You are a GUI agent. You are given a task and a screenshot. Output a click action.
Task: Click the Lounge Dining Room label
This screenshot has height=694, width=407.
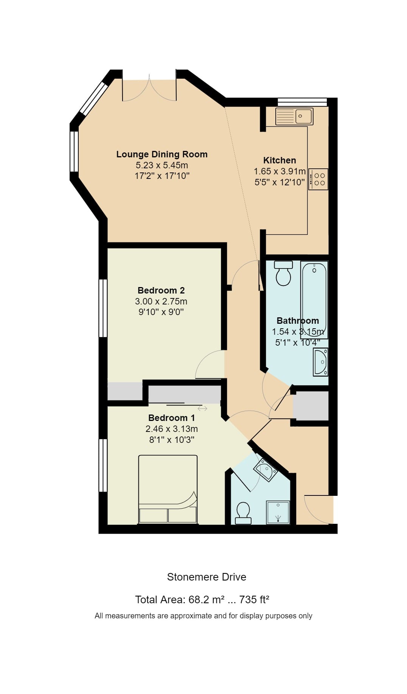[x=162, y=154]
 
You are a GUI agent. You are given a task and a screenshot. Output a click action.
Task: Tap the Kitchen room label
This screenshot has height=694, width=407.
[x=280, y=160]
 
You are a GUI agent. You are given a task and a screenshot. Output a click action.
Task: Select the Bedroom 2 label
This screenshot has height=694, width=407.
[x=161, y=290]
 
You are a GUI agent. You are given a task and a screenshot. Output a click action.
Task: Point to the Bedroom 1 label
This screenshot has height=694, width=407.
[x=171, y=418]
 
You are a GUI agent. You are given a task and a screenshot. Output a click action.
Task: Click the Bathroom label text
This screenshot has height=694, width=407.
[x=298, y=321]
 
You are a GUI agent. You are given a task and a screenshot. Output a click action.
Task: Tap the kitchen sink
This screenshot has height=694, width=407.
[x=294, y=116]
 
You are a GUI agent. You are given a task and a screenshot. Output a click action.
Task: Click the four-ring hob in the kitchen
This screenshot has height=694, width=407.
[x=318, y=179]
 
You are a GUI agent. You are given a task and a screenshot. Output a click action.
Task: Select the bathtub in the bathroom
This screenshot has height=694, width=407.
[x=314, y=300]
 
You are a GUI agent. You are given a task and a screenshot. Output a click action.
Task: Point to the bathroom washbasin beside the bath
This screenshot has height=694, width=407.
[x=320, y=362]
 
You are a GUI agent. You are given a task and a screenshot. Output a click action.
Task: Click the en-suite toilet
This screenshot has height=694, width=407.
[x=243, y=513]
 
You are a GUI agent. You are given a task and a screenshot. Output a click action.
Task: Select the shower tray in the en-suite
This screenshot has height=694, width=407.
[x=278, y=512]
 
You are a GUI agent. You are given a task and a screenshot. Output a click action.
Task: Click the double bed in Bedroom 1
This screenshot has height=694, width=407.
[x=168, y=489]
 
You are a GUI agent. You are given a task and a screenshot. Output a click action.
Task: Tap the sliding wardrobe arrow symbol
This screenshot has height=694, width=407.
[x=202, y=408]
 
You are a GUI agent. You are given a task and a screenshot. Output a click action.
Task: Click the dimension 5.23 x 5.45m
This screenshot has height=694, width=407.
[x=162, y=165]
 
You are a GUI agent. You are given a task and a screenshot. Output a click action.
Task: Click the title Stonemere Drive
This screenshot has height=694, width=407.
[x=207, y=577]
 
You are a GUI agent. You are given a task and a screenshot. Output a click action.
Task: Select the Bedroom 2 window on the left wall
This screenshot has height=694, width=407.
[x=103, y=308]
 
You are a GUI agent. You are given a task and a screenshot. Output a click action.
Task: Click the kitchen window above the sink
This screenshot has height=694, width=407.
[x=302, y=102]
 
